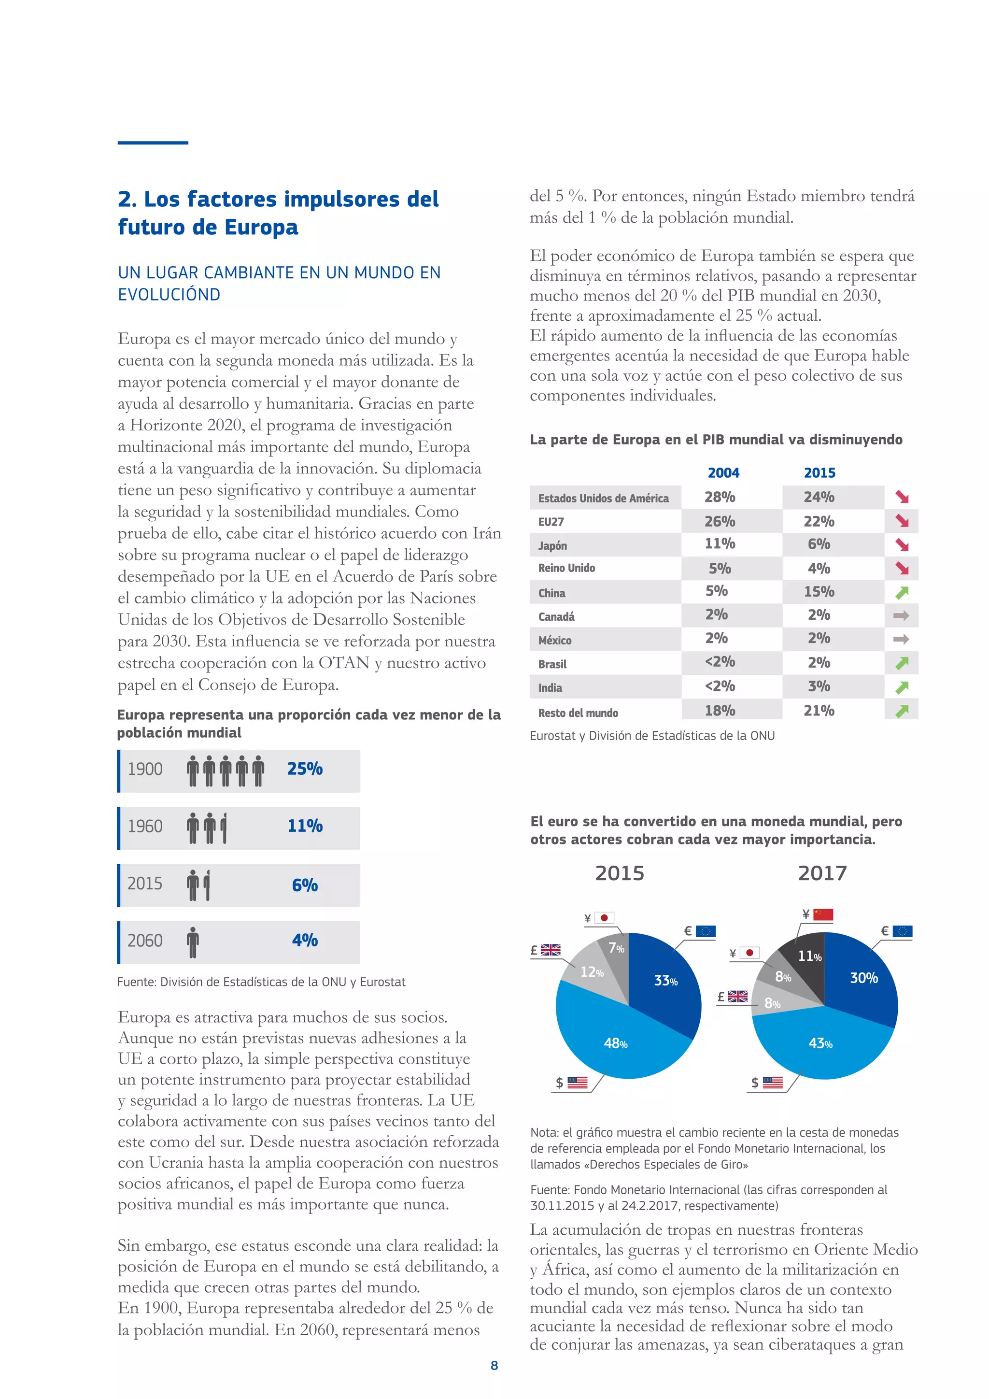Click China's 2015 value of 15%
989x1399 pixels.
click(x=819, y=592)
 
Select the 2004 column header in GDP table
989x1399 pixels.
click(x=723, y=473)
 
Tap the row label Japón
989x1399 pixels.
click(x=552, y=545)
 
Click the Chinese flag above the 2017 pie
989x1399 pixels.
click(x=823, y=914)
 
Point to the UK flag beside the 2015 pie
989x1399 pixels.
click(x=551, y=949)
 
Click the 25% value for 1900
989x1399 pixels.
click(x=305, y=769)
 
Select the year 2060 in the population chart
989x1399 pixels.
click(x=145, y=941)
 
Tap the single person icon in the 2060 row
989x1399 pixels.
click(x=193, y=942)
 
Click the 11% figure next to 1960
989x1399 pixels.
click(x=305, y=826)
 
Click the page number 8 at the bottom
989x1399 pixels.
click(x=494, y=1366)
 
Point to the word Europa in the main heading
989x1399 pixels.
click(x=261, y=227)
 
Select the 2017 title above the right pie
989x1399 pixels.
click(x=821, y=873)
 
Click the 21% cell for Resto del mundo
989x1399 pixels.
click(x=819, y=711)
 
